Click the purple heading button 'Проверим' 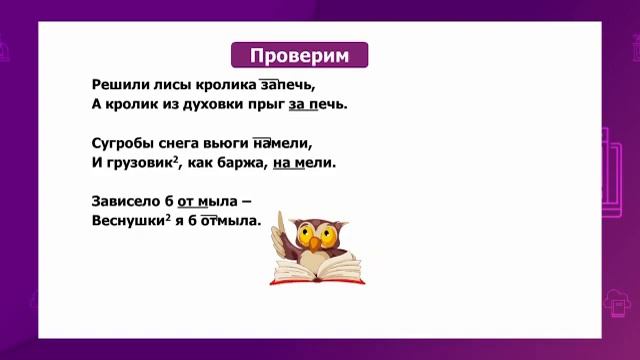[x=299, y=55]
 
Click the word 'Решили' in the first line [x=118, y=86]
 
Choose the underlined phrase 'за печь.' [x=319, y=104]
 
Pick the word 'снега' [x=187, y=143]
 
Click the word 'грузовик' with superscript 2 [x=138, y=161]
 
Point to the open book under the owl [x=317, y=270]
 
